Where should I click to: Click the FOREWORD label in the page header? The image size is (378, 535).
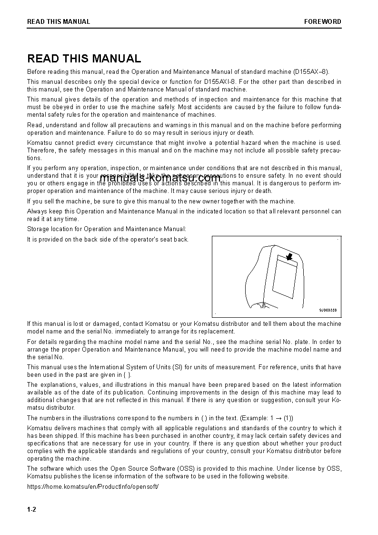[322, 21]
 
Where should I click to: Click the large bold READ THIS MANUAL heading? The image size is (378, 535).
[84, 59]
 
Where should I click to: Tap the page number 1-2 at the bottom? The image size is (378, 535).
[31, 509]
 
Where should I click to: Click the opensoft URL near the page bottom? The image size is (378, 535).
[93, 486]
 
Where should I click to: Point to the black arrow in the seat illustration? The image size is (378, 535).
[287, 257]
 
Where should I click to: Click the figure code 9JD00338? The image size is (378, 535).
[328, 310]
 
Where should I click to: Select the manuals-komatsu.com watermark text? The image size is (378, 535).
[160, 179]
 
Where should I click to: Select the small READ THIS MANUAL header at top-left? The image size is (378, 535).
[59, 21]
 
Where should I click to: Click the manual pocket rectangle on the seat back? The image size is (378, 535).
[284, 277]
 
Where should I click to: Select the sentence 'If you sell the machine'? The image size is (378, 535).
[161, 201]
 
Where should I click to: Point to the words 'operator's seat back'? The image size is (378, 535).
[160, 240]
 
